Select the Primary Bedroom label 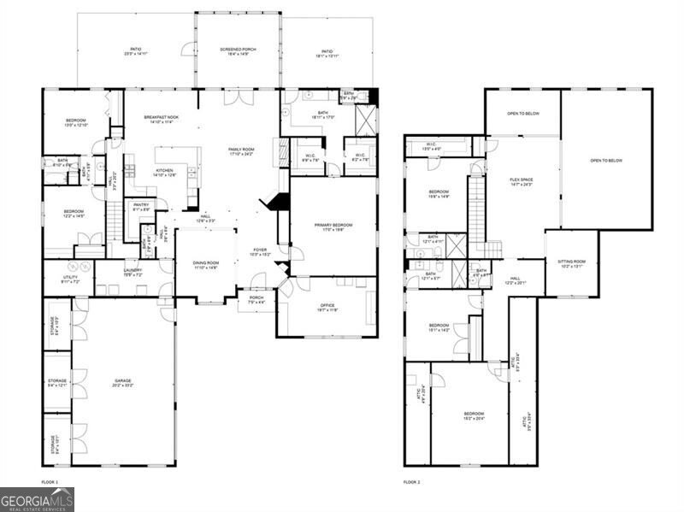click(x=333, y=227)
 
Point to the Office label click(x=327, y=308)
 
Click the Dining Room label click(x=207, y=265)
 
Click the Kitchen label click(x=164, y=173)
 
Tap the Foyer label click(x=259, y=252)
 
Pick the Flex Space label click(x=522, y=182)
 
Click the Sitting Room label click(x=571, y=264)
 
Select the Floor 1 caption click(x=50, y=483)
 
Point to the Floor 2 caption click(x=412, y=483)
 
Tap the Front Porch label click(x=256, y=300)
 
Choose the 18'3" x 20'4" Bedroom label click(x=474, y=415)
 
